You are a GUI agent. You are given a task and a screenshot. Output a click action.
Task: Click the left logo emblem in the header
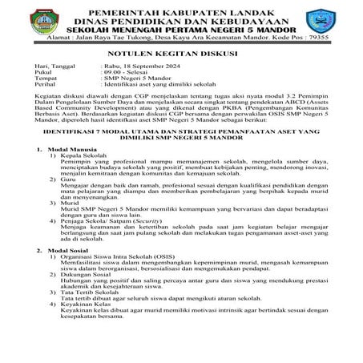tap(39, 21)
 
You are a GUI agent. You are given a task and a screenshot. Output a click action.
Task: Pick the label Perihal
tap(38, 87)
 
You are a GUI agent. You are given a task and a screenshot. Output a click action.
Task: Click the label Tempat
tap(38, 80)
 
